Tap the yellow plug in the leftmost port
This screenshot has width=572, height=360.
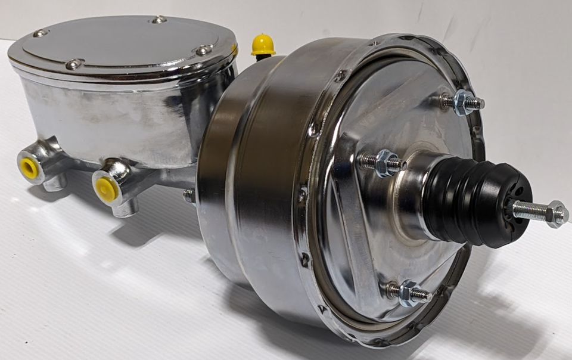point(28,167)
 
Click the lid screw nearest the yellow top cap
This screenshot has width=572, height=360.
point(203,51)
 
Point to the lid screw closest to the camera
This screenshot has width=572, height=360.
point(73,64)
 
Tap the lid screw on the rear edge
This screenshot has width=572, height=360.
point(158,20)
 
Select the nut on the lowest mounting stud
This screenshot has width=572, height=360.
point(408,293)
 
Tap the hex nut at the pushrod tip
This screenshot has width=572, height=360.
point(557,213)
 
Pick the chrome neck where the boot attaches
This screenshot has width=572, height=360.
point(411,197)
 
